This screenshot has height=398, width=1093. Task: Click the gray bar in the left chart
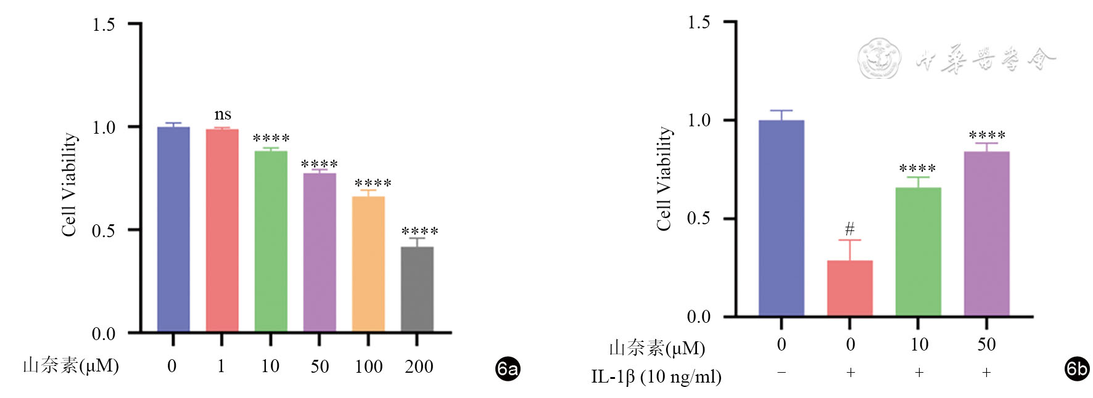click(417, 289)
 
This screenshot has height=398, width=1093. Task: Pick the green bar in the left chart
click(271, 241)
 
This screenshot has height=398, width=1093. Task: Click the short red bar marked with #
click(849, 288)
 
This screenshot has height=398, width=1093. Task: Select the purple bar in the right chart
click(986, 234)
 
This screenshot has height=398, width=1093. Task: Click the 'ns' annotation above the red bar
click(223, 115)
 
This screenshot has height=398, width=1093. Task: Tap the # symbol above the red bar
click(850, 229)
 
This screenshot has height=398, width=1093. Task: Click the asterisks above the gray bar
click(419, 232)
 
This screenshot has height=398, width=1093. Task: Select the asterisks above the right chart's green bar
click(917, 168)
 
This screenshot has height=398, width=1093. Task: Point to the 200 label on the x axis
click(419, 367)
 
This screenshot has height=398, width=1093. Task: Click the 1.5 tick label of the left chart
click(104, 25)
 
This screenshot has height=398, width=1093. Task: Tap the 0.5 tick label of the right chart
click(698, 219)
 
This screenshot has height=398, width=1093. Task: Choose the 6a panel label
click(508, 368)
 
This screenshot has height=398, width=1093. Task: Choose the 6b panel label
click(1077, 368)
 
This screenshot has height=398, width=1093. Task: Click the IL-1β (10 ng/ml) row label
click(656, 376)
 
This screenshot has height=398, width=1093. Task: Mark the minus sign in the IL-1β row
click(782, 372)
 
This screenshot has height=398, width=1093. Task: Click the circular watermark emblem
click(879, 59)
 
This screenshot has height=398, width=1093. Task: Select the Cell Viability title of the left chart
click(69, 185)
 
